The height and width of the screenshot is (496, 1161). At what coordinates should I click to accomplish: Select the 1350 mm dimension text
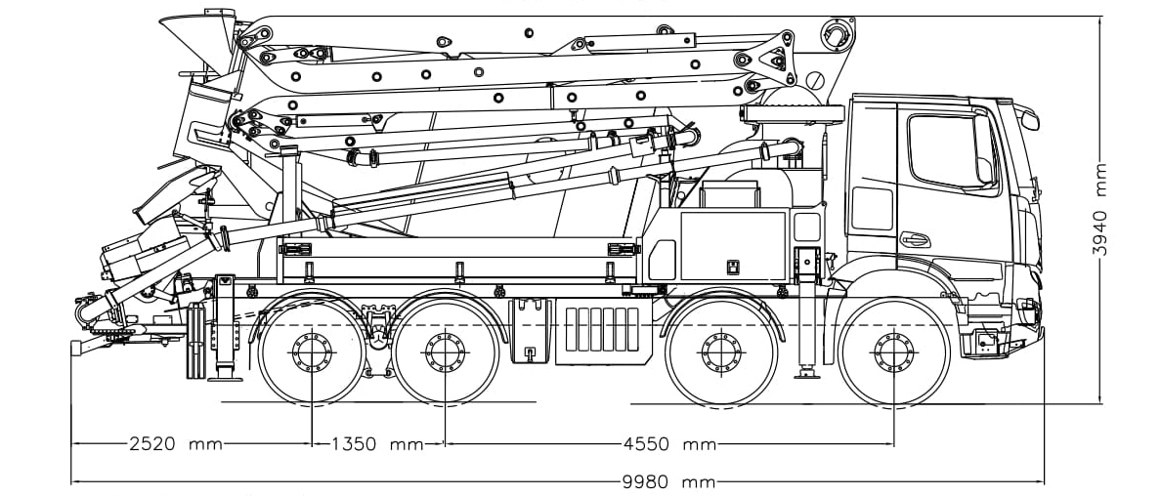pos(376,444)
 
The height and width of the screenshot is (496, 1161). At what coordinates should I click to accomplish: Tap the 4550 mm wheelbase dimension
pos(669,444)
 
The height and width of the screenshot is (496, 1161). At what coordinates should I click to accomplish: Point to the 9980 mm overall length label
pos(669,482)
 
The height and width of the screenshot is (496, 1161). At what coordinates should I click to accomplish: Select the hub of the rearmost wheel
pos(311,351)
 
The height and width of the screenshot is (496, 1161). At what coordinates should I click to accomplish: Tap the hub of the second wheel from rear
pos(446,351)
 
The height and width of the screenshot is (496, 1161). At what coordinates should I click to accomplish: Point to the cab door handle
pos(915,239)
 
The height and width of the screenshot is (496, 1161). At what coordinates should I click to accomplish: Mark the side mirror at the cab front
pos(1028,117)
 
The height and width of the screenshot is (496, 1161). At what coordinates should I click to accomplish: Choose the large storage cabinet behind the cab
pos(733,244)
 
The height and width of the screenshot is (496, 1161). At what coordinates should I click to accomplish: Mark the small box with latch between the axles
pos(531,332)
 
